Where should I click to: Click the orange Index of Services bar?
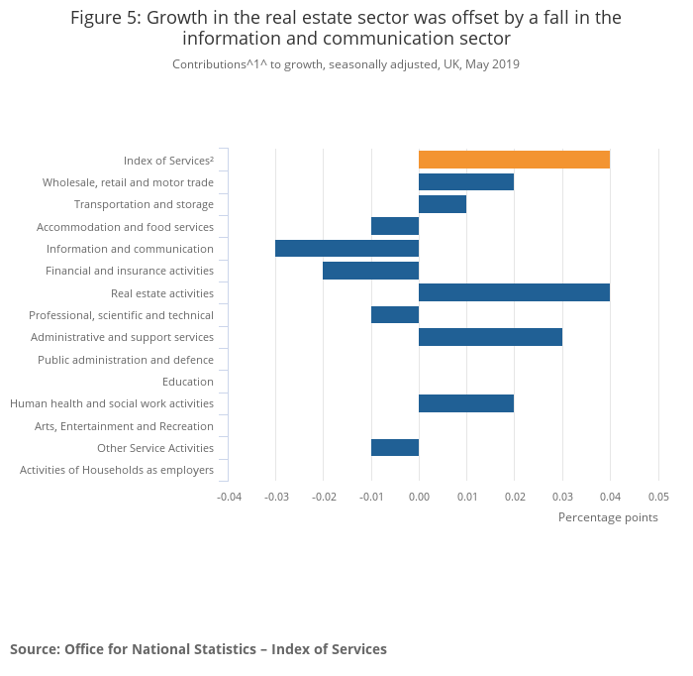[514, 160]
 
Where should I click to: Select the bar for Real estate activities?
[514, 292]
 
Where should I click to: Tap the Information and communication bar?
[346, 248]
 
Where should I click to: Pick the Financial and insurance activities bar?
[370, 271]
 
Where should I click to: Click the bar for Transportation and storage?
[443, 204]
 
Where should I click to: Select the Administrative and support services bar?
[490, 337]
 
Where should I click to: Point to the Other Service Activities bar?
[395, 447]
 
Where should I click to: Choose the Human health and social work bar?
[466, 403]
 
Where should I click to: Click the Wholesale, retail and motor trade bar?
[466, 181]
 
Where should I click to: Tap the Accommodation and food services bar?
[395, 226]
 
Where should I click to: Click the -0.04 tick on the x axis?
[229, 496]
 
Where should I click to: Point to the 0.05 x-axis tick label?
[658, 496]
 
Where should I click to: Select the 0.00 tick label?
[419, 496]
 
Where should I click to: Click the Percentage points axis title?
[608, 516]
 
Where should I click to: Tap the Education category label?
[188, 382]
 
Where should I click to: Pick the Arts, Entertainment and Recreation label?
[124, 426]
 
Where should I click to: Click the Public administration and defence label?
[126, 360]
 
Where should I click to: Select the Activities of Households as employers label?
[117, 470]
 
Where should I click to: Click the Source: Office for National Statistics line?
[198, 649]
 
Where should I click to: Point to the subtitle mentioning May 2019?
[346, 64]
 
